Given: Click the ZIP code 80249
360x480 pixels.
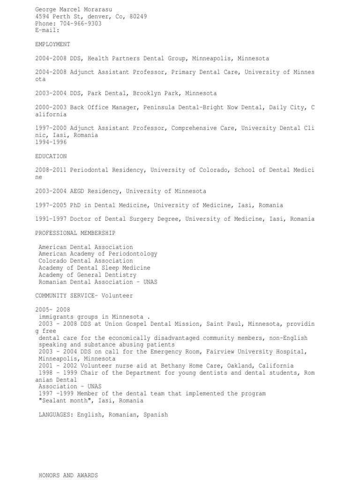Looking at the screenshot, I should pos(138,16).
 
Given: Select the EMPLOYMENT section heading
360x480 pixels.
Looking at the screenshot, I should pos(52,44).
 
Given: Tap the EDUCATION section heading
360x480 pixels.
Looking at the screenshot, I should pos(51,156).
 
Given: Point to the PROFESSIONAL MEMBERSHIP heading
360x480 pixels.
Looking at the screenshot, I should pos(75,233).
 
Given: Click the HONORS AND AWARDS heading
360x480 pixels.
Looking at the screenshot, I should pos(68,475).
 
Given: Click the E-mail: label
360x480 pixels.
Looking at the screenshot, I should pos(47,30).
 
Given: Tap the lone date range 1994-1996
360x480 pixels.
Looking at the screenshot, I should pos(51,142).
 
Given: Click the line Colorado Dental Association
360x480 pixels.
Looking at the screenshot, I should pos(86,261).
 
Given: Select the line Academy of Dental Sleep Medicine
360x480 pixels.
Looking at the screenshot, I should pos(94,268).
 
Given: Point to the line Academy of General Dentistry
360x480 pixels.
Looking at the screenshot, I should pos(87,275).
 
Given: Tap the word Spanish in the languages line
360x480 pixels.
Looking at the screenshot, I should pos(155,415).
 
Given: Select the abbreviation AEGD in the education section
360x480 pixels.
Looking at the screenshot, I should pos(77,191).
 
